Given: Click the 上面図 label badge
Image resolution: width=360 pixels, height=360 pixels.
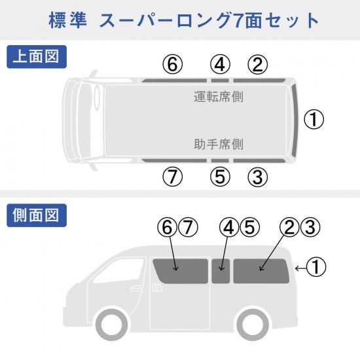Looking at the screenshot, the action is tap(37, 57).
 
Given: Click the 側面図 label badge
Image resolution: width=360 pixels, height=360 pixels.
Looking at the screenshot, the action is tap(37, 215).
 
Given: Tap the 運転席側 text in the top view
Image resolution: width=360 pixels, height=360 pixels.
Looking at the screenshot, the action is tap(219, 96).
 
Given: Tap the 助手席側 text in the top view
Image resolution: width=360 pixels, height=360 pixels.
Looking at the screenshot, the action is tap(219, 144).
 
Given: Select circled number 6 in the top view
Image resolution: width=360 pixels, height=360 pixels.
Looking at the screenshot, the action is tap(173, 65).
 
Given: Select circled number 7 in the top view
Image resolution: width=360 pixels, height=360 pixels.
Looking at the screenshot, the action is tap(173, 177).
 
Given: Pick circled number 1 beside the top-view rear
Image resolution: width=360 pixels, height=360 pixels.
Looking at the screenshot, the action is tap(314, 119).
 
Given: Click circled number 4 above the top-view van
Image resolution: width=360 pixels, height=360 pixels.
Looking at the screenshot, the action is tap(220, 65).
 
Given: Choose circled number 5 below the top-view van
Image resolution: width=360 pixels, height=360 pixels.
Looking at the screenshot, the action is tap(220, 177).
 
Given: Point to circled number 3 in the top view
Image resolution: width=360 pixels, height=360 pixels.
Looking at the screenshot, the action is tap(258, 177).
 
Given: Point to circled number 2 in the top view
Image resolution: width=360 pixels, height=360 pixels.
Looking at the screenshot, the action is tap(258, 65).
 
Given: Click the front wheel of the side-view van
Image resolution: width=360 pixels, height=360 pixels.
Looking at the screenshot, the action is tap(112, 325).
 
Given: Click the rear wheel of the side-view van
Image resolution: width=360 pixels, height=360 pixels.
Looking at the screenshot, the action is tap(253, 325).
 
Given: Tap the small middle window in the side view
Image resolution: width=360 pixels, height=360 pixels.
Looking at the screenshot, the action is tap(221, 271).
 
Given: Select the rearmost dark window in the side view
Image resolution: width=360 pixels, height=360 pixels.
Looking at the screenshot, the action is tap(261, 271).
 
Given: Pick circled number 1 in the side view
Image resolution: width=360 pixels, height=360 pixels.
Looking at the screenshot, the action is tap(316, 266).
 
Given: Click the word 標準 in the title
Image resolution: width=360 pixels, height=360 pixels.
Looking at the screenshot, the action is tap(68, 21).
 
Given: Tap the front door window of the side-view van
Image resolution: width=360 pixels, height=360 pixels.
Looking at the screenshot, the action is tap(119, 270).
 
